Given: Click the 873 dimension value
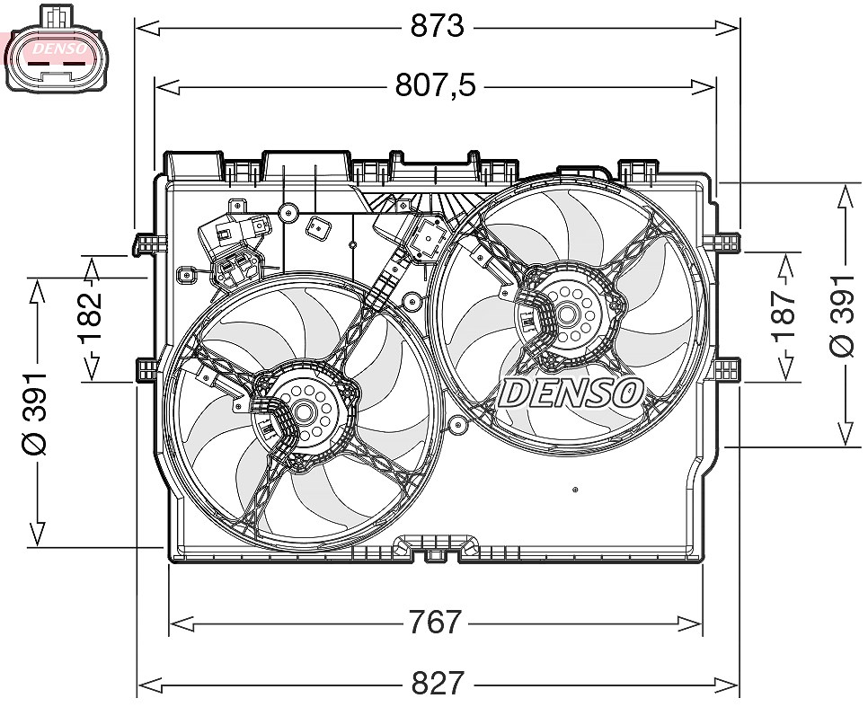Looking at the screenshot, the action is pyautogui.click(x=437, y=26).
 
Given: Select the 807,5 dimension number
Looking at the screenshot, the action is pyautogui.click(x=436, y=86).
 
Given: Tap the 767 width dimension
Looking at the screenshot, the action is pyautogui.click(x=435, y=622).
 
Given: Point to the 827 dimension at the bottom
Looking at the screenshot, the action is pyautogui.click(x=438, y=683).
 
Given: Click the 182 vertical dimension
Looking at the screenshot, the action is pyautogui.click(x=90, y=318).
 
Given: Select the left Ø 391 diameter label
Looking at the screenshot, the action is pyautogui.click(x=34, y=413).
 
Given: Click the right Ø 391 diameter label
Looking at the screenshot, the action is pyautogui.click(x=843, y=315).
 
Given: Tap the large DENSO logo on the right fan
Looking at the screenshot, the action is pyautogui.click(x=571, y=393).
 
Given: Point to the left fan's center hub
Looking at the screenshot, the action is pyautogui.click(x=303, y=411).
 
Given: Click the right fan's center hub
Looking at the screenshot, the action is pyautogui.click(x=566, y=314).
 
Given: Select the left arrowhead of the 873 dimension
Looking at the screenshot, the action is pyautogui.click(x=147, y=27).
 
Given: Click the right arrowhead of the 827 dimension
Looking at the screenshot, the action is pyautogui.click(x=727, y=685).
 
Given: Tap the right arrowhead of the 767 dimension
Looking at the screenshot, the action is pyautogui.click(x=690, y=624).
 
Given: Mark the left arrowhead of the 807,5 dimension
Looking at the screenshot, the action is pyautogui.click(x=167, y=86).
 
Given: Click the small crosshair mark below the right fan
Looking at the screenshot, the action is pyautogui.click(x=575, y=490).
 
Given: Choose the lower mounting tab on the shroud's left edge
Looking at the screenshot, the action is pyautogui.click(x=147, y=369).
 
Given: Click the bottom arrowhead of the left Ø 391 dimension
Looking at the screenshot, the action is pyautogui.click(x=37, y=533).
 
